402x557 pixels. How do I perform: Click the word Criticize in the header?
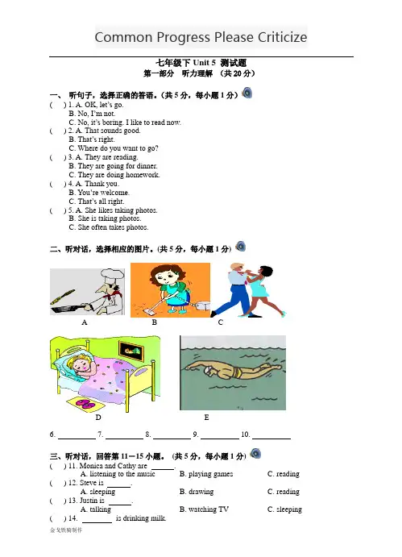pos(282,37)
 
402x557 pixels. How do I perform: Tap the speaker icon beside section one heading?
pos(247,93)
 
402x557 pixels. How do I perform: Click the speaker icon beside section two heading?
pos(241,246)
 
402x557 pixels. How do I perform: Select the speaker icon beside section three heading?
pos(255,453)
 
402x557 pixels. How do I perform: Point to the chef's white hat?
pos(112,276)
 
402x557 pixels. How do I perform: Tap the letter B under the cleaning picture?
pos(154,322)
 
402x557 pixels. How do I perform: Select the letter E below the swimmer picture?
pos(206,418)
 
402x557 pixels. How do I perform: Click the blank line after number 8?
pos(172,439)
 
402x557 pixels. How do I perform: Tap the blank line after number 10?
pos(271,439)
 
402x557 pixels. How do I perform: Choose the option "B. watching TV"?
pos(204,509)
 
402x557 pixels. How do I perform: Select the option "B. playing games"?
pos(206,474)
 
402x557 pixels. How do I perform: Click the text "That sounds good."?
pos(112,131)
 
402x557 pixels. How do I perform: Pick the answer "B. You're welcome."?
pos(99,193)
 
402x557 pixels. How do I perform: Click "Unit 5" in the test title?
pos(204,63)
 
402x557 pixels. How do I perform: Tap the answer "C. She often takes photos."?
pos(109,227)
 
